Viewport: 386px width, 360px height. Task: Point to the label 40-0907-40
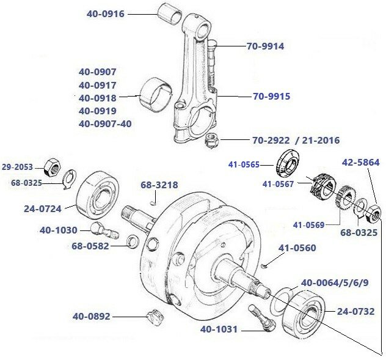coord(105,123)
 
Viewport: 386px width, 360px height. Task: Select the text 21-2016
coord(317,140)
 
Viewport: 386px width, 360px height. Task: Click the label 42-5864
coord(360,163)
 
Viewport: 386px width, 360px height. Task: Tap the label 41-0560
coord(297,248)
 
